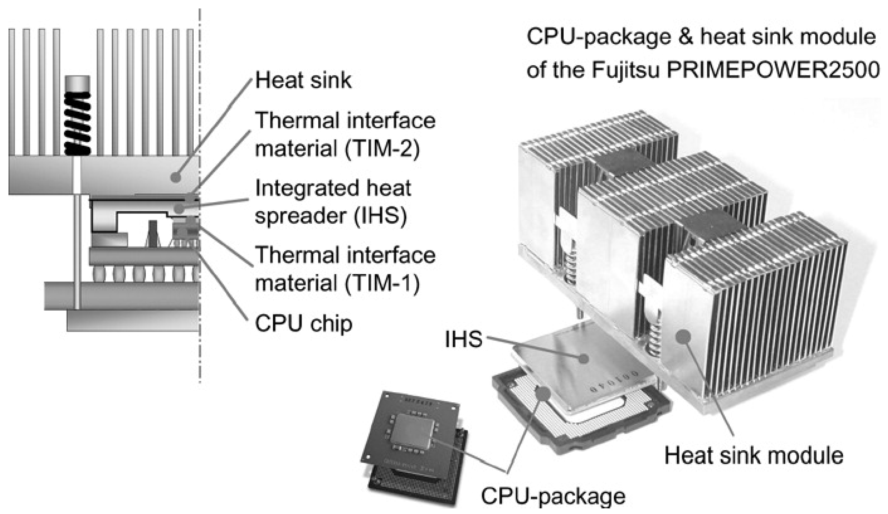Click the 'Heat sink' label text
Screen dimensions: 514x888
pyautogui.click(x=303, y=81)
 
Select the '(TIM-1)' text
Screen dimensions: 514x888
pyautogui.click(x=382, y=284)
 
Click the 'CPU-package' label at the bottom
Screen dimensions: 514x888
pyautogui.click(x=553, y=496)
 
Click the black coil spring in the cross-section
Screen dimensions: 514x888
pyautogui.click(x=78, y=123)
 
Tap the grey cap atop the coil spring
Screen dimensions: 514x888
pyautogui.click(x=78, y=83)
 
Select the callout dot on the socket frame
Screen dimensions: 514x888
pyautogui.click(x=543, y=393)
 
